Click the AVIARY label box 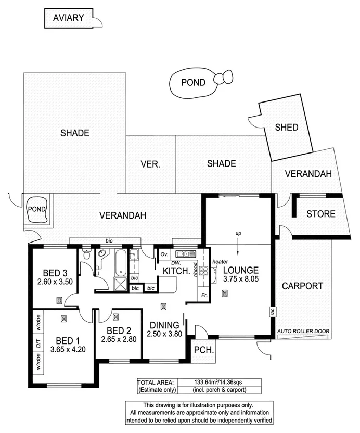69,18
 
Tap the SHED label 286,127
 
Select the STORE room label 320,214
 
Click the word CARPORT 302,286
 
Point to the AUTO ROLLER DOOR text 302,331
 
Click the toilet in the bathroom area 87,256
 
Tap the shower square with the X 120,284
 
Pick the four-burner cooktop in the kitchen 203,271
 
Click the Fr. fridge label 203,295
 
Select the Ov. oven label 163,254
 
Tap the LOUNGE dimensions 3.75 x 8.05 241,279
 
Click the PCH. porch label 203,350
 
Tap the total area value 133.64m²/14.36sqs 210,381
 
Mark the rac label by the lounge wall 272,312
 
